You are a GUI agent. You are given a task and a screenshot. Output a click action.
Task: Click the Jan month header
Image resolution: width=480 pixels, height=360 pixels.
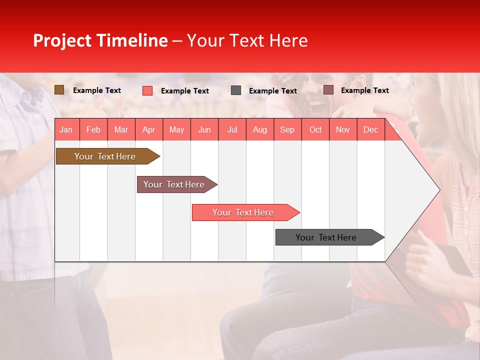66,129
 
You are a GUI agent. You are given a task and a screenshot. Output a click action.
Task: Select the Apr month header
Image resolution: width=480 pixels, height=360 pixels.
149,129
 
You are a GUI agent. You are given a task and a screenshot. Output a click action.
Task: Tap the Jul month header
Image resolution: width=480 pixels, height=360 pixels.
232,129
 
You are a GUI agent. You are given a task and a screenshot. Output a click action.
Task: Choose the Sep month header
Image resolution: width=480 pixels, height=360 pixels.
287,129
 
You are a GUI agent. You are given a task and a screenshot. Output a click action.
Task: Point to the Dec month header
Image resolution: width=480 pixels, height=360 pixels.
370,129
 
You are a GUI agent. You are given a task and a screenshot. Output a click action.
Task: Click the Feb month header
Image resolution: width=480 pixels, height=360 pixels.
93,129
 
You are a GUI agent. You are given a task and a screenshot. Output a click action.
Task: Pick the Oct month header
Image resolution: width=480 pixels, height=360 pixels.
315,129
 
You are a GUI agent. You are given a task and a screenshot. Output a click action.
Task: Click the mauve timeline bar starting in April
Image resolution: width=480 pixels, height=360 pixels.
174,184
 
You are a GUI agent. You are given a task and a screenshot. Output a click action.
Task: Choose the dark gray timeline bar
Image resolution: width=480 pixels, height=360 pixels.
326,237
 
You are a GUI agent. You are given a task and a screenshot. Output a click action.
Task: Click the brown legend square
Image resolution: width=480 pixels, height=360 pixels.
59,90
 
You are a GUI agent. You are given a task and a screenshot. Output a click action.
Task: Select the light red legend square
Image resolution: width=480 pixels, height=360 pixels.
147,90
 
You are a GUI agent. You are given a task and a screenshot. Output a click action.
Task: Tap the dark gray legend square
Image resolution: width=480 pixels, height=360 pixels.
236,90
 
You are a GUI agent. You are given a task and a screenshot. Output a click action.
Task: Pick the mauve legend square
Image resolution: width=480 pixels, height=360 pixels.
328,90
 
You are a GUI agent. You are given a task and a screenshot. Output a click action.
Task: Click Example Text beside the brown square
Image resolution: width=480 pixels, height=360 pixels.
97,90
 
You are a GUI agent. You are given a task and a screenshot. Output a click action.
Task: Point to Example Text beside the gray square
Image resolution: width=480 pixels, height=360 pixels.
273,91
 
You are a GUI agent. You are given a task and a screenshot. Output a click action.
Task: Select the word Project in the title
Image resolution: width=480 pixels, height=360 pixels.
62,41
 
